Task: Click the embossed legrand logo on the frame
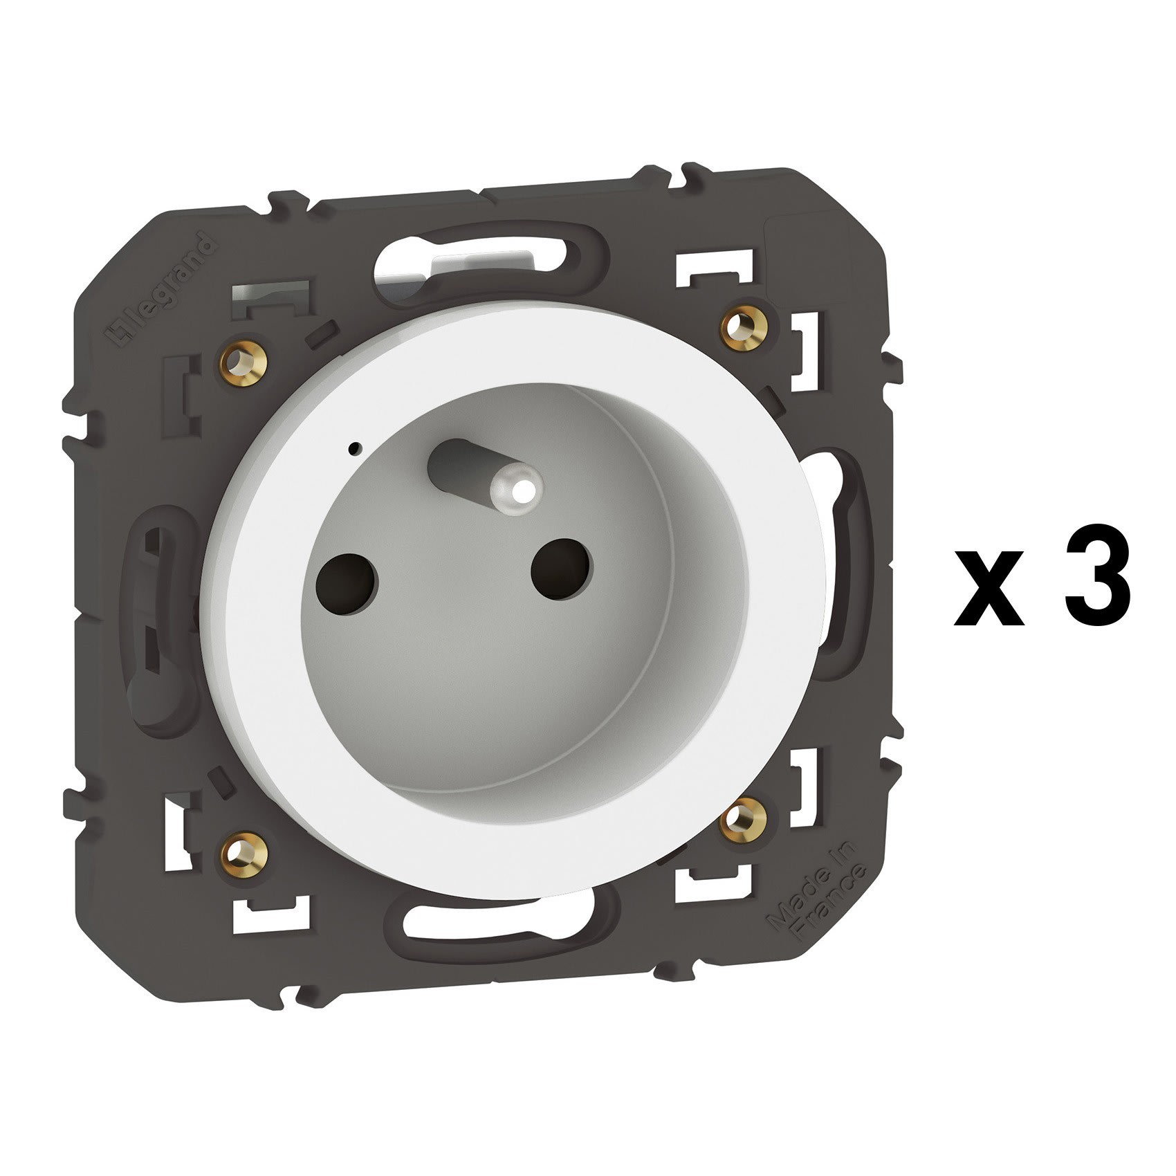click(159, 291)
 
